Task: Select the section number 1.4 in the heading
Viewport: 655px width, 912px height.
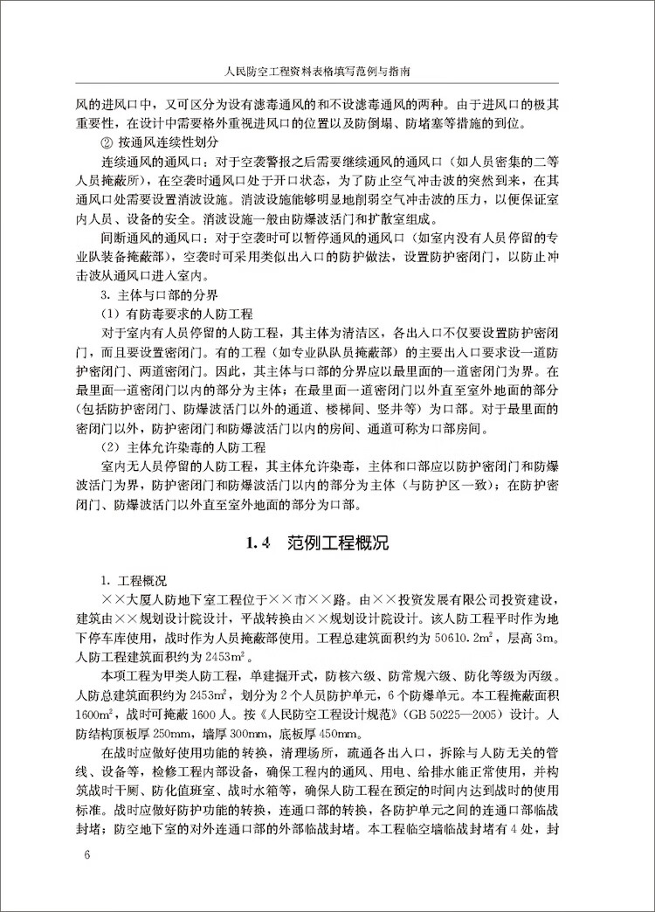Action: [x=261, y=543]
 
